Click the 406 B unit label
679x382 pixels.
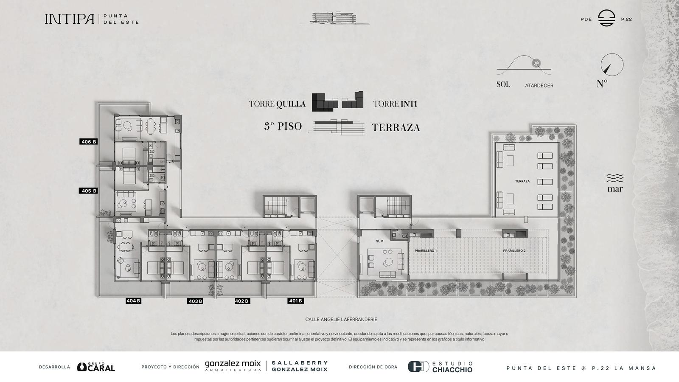pos(89,142)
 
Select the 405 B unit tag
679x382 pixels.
pos(89,191)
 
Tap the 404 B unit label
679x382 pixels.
pos(133,301)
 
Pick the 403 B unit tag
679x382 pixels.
pos(195,301)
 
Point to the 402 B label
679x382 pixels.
pos(242,301)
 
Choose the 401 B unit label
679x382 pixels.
pos(295,301)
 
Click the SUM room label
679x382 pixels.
pos(379,242)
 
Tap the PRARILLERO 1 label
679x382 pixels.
pos(426,251)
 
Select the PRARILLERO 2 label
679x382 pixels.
pos(514,251)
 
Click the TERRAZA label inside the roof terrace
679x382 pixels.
pos(522,181)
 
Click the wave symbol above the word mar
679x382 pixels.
pos(615,178)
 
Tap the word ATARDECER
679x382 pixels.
pos(539,85)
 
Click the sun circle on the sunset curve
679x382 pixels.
pos(536,63)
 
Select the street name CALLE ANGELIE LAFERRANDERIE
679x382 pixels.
pos(341,320)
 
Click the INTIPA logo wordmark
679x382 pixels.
pos(70,19)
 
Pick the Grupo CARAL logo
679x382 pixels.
pos(96,367)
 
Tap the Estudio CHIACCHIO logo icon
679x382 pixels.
pos(418,367)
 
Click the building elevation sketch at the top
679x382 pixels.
pos(334,18)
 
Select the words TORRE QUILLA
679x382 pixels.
pos(278,104)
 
